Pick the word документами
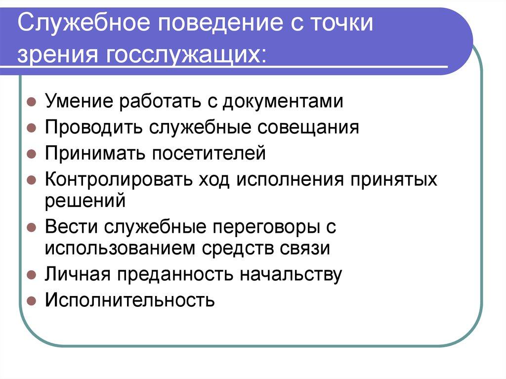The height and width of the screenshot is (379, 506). tap(282, 102)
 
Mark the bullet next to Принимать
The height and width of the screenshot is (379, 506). tap(30, 154)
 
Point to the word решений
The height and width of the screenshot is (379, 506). tap(82, 201)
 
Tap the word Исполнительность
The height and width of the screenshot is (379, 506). tap(130, 299)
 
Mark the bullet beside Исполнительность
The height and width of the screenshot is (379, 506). tap(30, 300)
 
